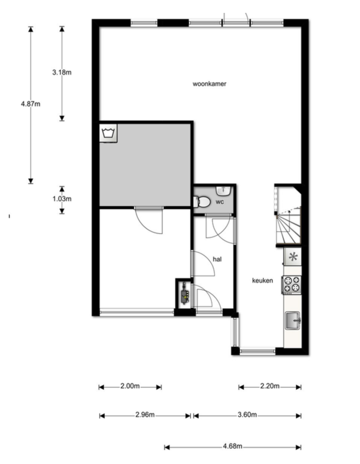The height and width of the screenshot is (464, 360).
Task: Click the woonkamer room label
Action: pyautogui.click(x=209, y=84)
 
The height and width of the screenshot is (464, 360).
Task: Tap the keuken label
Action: pyautogui.click(x=262, y=280)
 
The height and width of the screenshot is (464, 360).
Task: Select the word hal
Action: pyautogui.click(x=217, y=259)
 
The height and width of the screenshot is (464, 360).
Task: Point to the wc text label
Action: pyautogui.click(x=220, y=202)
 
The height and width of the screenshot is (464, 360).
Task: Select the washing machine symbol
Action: pyautogui.click(x=108, y=133)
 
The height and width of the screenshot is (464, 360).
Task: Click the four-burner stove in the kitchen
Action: pyautogui.click(x=291, y=284)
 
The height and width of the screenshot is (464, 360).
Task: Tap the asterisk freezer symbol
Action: pyautogui.click(x=293, y=257)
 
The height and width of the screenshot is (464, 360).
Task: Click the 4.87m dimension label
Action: pyautogui.click(x=30, y=104)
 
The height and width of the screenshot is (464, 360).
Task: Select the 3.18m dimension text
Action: pyautogui.click(x=62, y=72)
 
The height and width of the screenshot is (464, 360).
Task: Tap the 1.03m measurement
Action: pyautogui.click(x=62, y=199)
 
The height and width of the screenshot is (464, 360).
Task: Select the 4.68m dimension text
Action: pyautogui.click(x=233, y=446)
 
